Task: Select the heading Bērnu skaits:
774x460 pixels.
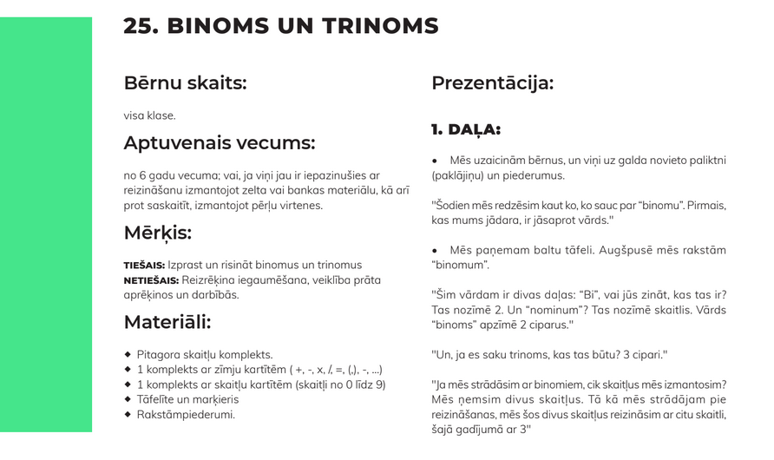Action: (185, 83)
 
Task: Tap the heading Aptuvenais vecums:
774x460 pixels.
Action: (219, 143)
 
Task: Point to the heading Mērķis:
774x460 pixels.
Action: (157, 233)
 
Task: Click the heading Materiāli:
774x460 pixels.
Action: (167, 323)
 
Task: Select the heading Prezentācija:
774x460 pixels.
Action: (492, 84)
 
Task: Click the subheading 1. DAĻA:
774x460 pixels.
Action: (465, 130)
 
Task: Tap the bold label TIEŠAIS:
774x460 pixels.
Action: (144, 266)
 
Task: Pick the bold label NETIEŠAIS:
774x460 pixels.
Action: (151, 280)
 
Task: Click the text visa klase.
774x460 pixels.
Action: (149, 115)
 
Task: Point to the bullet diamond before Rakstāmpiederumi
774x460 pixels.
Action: (128, 414)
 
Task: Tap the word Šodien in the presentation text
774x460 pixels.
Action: (453, 206)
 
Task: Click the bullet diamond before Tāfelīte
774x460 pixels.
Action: (128, 399)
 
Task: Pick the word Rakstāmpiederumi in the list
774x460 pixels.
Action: (186, 415)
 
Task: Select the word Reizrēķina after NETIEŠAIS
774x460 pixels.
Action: (208, 280)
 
